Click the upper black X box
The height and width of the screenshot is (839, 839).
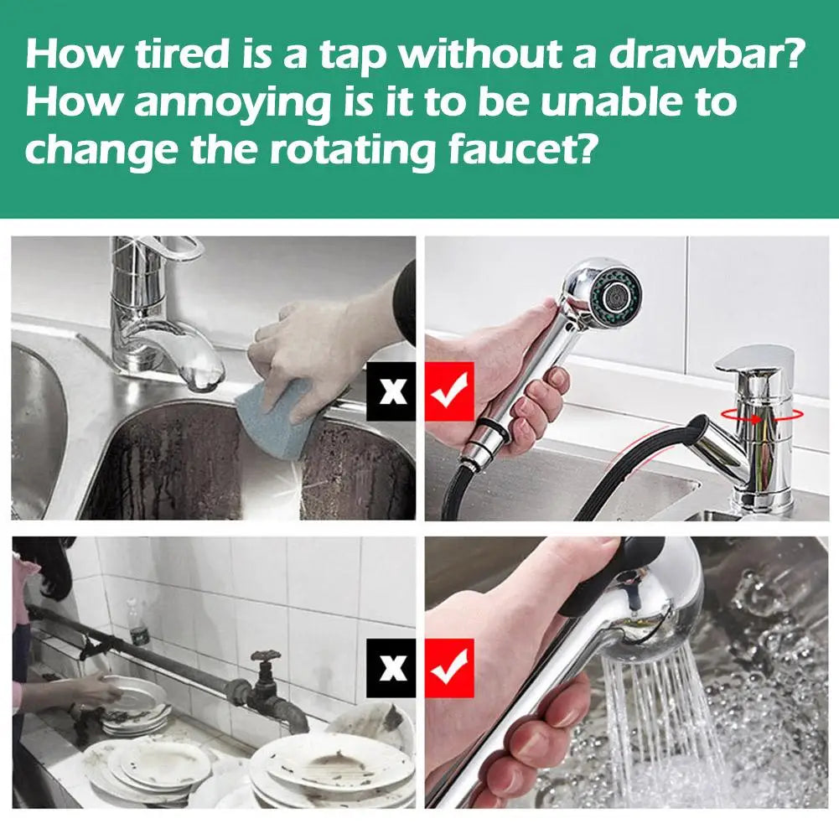pos(391,391)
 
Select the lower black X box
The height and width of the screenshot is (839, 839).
pos(391,668)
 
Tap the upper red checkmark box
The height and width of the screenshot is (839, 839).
pos(450,391)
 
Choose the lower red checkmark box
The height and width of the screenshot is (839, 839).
pos(450,668)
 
